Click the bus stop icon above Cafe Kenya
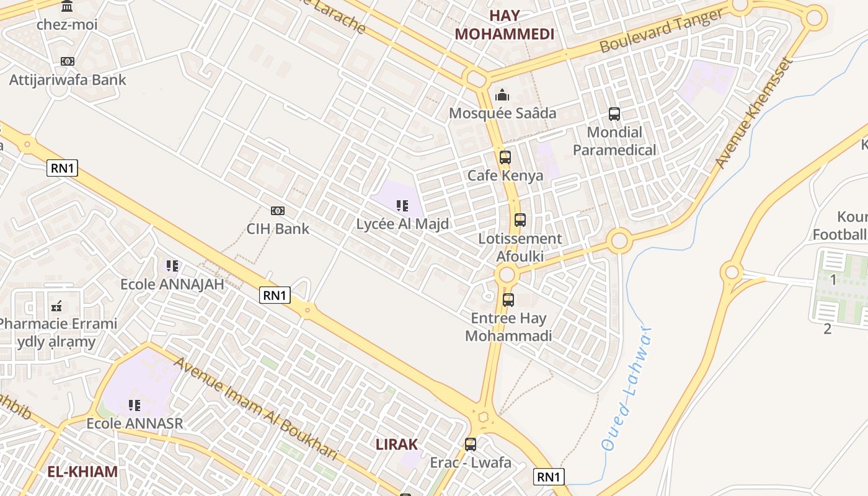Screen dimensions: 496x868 (x=505, y=157)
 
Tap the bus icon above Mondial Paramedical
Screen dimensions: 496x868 (x=614, y=114)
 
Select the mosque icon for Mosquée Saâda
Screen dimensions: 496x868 (x=502, y=95)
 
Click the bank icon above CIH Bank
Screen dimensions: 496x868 (x=278, y=211)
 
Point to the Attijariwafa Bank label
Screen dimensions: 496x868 (x=68, y=79)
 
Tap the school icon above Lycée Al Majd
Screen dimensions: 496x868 (x=402, y=205)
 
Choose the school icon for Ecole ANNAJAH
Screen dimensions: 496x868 (x=172, y=266)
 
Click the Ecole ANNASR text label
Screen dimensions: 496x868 (x=135, y=423)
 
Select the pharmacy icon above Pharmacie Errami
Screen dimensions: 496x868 (x=57, y=306)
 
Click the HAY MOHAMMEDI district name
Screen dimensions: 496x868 (x=505, y=25)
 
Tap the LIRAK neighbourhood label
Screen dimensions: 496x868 (x=397, y=444)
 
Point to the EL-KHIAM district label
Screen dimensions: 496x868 (x=82, y=471)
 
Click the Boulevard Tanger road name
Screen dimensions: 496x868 (x=662, y=31)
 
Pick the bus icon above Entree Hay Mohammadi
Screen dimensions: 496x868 (x=508, y=300)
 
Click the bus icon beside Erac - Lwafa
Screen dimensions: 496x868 (x=471, y=445)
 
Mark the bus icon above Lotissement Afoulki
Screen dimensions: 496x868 (x=520, y=220)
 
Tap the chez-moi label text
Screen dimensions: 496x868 (x=67, y=25)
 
